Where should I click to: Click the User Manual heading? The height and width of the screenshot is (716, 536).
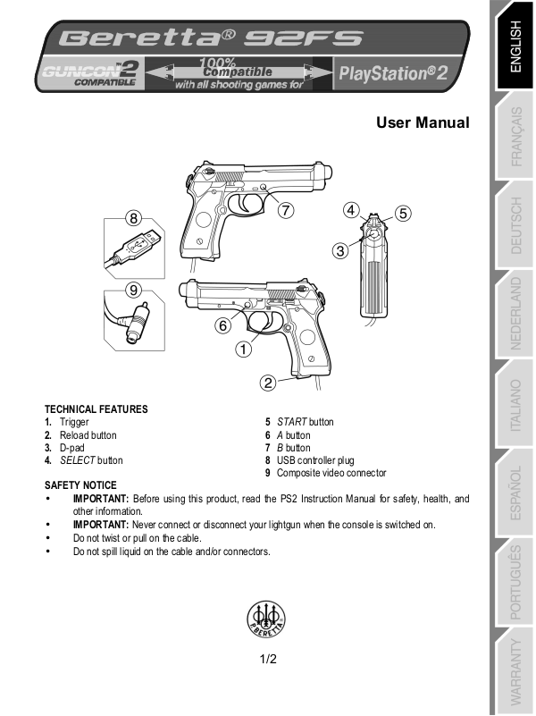tap(423, 122)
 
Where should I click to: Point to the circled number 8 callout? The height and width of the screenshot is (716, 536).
tap(133, 217)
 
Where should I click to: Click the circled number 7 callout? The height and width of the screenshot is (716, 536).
tap(285, 211)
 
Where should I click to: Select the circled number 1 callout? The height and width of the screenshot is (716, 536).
tap(242, 350)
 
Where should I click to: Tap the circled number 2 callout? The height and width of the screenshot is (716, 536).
tap(267, 383)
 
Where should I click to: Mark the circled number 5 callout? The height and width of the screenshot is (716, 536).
tap(403, 213)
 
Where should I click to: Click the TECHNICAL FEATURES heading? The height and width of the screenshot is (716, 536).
tap(96, 409)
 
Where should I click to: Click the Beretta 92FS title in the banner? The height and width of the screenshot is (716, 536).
tap(211, 38)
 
